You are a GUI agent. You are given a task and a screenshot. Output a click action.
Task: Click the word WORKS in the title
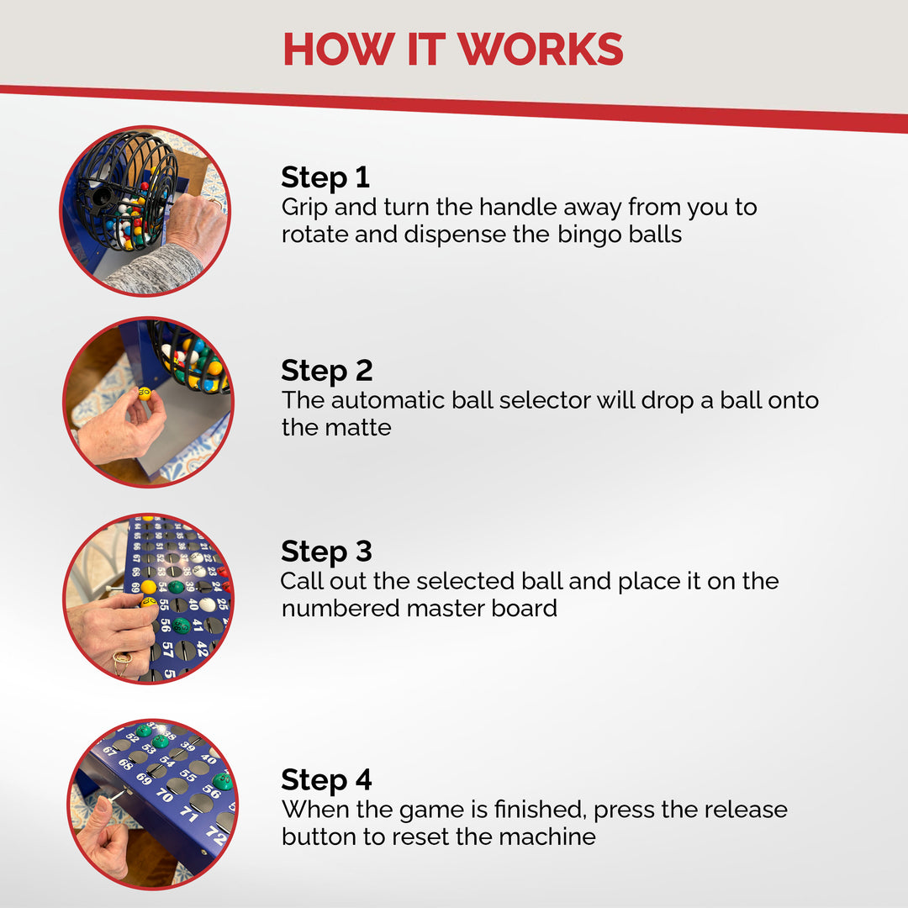pyautogui.click(x=541, y=50)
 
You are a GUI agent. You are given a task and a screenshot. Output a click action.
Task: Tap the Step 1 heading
pyautogui.click(x=325, y=177)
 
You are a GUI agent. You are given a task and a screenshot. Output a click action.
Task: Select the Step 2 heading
pyautogui.click(x=326, y=372)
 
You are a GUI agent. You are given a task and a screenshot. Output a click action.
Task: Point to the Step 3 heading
pyautogui.click(x=326, y=552)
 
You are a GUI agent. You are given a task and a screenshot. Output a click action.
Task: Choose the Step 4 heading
pyautogui.click(x=326, y=780)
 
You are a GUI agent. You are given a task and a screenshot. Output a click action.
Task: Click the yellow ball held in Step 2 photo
pyautogui.click(x=145, y=393)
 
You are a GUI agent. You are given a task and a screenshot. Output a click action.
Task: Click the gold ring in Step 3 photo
pyautogui.click(x=122, y=663)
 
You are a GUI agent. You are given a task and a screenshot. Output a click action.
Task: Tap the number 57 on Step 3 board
pyautogui.click(x=168, y=650)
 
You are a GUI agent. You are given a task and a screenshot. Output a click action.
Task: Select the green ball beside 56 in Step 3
pyautogui.click(x=182, y=626)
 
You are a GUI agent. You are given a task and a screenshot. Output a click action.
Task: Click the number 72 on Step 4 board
pyautogui.click(x=215, y=835)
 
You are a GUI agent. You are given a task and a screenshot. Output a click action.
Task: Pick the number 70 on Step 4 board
pyautogui.click(x=165, y=794)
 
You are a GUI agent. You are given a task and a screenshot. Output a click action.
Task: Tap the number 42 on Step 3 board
pyautogui.click(x=202, y=648)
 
